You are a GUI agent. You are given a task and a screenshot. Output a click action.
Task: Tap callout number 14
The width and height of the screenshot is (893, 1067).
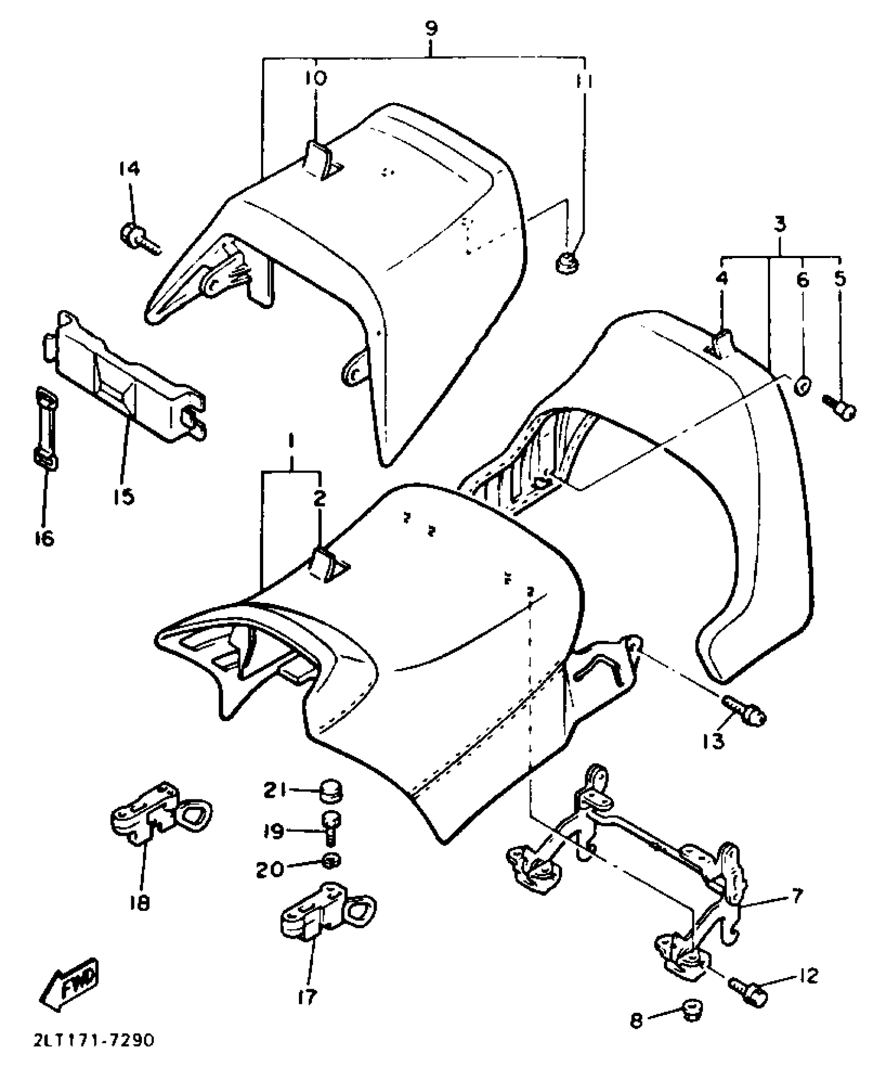129,169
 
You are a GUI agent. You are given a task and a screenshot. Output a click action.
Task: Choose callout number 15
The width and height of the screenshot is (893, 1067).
124,495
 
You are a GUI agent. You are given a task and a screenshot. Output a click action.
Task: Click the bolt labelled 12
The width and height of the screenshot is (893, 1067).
748,990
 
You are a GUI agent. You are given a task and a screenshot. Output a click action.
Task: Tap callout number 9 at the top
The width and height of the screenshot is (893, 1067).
431,29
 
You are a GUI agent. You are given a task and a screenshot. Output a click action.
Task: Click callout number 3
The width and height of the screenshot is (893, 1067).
781,224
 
